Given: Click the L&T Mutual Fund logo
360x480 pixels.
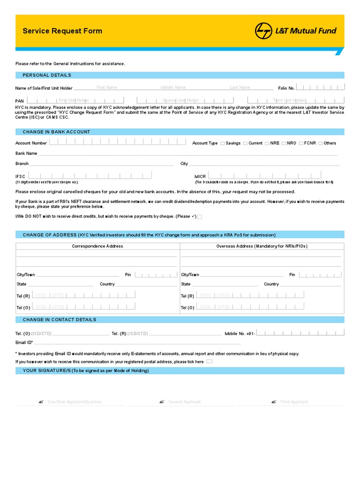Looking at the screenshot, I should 296,31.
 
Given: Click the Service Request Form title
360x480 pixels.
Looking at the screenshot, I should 62,31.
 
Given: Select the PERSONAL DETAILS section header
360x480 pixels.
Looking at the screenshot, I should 47,75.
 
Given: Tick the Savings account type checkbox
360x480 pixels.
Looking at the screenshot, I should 223,143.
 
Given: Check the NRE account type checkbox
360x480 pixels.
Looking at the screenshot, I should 267,143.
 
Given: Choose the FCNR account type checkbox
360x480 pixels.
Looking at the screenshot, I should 301,143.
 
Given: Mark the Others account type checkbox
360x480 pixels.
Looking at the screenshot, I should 321,143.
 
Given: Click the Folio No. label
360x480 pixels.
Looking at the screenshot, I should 286,88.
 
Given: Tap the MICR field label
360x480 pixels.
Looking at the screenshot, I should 200,177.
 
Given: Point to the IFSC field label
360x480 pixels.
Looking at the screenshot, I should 20,177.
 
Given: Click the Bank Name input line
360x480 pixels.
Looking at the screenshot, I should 187,154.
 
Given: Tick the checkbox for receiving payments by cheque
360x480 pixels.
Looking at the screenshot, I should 200,217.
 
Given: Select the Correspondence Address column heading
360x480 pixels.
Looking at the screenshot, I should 97,246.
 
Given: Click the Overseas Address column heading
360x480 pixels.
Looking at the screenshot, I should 262,246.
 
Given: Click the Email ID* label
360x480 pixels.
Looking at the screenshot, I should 24,343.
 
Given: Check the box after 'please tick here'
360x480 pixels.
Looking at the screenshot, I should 209,361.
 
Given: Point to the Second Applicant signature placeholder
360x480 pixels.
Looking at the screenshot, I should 184,402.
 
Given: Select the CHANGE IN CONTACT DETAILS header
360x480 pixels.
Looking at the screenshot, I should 59,320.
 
